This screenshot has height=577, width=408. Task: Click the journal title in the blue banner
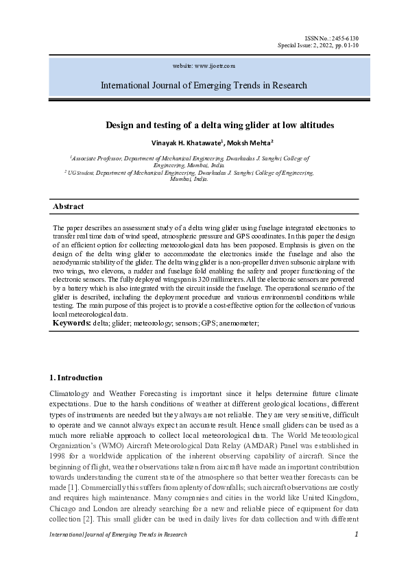pos(204,86)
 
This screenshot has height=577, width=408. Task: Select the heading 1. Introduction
pos(76,378)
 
